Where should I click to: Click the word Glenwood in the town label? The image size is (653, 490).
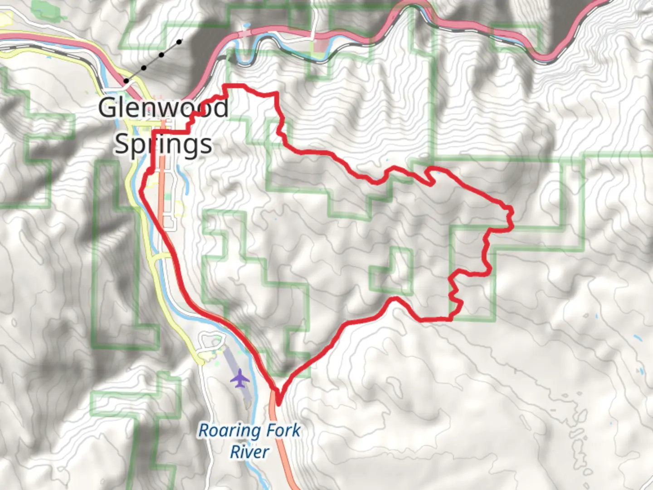[163, 108]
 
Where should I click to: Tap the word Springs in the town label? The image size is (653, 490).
[163, 144]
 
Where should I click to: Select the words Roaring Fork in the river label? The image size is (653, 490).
[249, 430]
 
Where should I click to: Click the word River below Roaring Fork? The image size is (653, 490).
[249, 452]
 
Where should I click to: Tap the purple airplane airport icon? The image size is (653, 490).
[240, 379]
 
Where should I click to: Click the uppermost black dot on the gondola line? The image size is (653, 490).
[180, 42]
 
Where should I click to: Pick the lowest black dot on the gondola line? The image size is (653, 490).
[126, 81]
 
